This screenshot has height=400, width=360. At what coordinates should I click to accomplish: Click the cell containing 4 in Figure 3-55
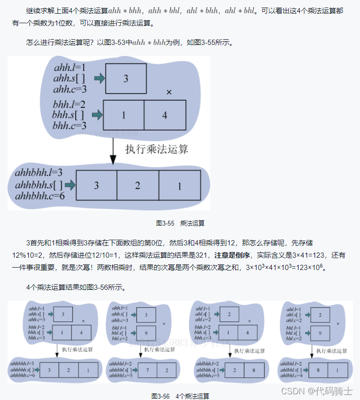click(165, 115)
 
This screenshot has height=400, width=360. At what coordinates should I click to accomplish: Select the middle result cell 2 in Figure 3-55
click(137, 185)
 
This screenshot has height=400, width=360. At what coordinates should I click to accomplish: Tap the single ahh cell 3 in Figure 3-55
click(126, 78)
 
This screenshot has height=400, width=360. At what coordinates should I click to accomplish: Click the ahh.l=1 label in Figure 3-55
click(69, 68)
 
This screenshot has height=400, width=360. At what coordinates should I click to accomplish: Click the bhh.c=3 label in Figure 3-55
click(69, 126)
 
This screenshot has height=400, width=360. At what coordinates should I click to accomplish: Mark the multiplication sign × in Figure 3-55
click(169, 92)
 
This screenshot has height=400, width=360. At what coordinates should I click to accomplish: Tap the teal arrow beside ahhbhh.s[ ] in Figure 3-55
click(70, 185)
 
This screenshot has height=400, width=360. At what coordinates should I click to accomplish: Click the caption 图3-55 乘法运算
click(180, 223)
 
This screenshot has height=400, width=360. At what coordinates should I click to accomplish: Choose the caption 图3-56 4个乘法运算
click(180, 396)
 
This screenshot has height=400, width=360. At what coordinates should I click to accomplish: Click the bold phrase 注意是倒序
click(232, 255)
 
